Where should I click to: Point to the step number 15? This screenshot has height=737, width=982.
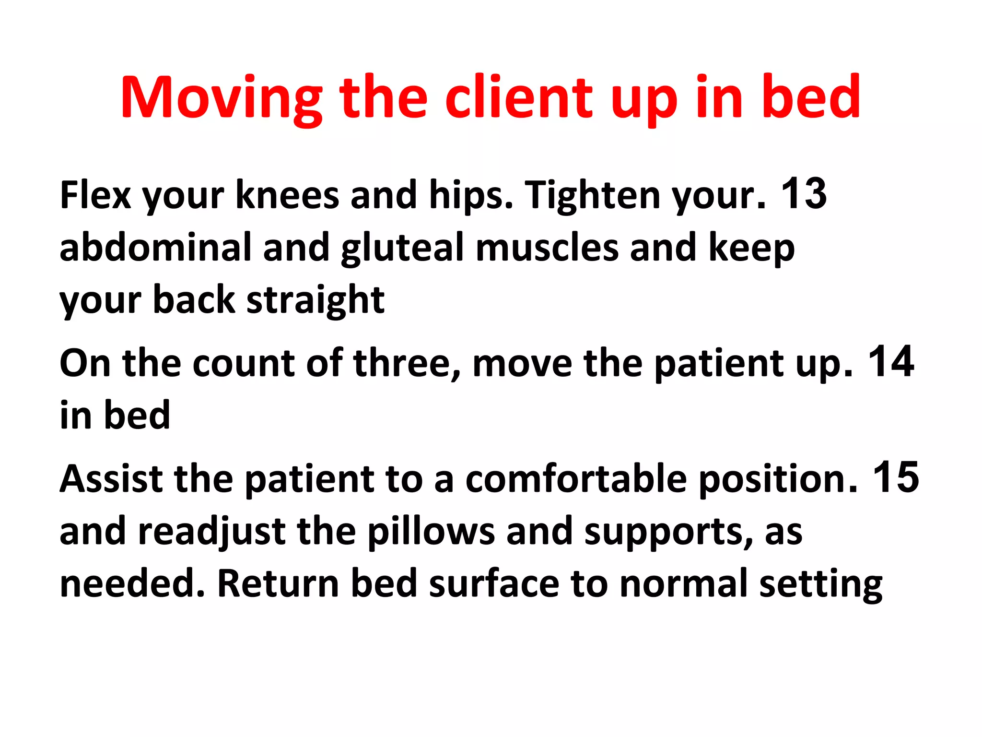coord(895,477)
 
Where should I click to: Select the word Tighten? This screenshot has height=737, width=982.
coord(593,196)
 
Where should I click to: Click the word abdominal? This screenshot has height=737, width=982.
coord(155,247)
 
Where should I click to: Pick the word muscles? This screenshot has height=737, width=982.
coord(547,247)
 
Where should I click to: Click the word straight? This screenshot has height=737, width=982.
coord(315,300)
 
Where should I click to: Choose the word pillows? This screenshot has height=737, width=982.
coord(431,532)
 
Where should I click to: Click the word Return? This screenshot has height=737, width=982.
coord(278,583)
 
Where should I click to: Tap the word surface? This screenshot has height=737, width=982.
coord(494,583)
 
